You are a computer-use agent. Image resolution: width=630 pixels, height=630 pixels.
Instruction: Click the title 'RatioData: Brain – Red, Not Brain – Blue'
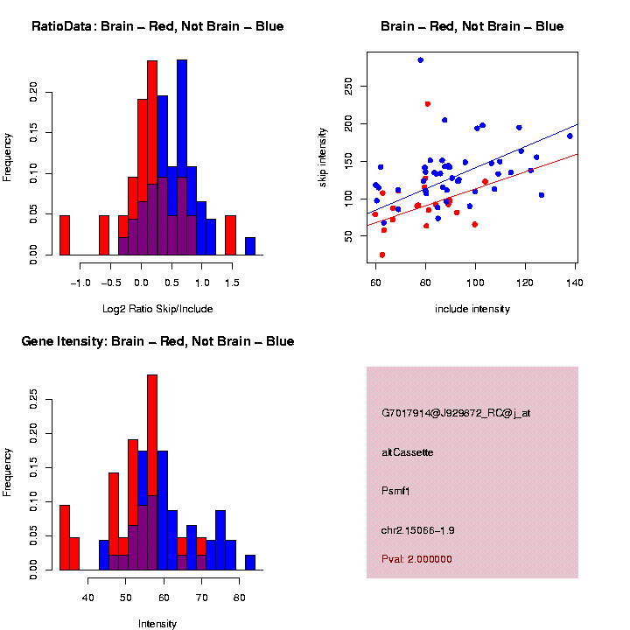point(157,26)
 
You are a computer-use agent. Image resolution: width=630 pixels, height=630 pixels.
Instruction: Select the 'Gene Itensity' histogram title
point(157,340)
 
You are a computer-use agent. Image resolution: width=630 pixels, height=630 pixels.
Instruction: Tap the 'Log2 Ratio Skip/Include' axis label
point(157,308)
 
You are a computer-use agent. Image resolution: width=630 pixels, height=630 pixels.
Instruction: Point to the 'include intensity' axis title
point(472,308)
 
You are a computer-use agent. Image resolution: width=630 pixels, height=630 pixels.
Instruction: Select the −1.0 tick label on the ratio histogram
point(79,283)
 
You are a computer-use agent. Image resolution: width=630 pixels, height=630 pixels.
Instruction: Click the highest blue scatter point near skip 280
point(421,60)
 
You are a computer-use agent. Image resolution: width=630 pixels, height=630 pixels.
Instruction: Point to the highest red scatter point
point(427,104)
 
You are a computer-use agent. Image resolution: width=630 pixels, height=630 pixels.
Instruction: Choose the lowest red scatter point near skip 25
point(382,255)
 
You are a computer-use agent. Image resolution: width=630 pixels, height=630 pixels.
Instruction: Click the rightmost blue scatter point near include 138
point(570,136)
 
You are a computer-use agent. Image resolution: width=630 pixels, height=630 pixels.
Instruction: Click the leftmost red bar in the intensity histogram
point(65,537)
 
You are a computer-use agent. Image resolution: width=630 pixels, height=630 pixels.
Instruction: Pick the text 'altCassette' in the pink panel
point(408,452)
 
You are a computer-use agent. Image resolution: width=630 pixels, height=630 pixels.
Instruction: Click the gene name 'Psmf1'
point(396,491)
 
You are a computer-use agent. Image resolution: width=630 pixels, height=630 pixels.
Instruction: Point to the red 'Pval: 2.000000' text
point(416,559)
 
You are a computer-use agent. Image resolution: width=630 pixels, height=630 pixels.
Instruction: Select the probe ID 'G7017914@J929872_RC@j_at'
point(456,413)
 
